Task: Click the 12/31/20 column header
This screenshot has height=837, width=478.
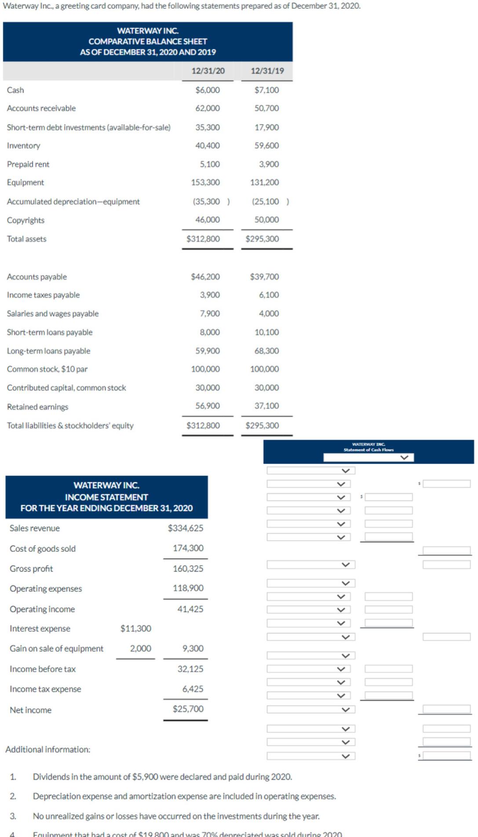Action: pos(208,71)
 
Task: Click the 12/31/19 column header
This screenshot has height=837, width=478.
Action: pos(267,71)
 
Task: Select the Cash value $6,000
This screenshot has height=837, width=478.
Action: pos(208,90)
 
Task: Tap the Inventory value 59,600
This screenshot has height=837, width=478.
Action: pos(266,145)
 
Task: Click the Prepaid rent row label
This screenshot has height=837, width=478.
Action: pos(28,164)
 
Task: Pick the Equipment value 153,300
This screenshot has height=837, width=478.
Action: pos(205,182)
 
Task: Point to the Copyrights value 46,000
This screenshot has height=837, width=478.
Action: pos(208,220)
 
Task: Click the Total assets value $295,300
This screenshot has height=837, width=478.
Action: pos(262,239)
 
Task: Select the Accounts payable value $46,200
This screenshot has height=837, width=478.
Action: pos(205,277)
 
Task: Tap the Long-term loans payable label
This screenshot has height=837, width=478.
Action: pos(48,351)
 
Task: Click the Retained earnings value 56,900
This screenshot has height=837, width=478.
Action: pos(208,406)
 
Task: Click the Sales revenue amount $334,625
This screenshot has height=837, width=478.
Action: pos(186,528)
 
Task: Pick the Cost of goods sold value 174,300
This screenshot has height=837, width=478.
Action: pos(188,548)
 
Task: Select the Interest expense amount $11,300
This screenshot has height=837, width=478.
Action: pos(136,629)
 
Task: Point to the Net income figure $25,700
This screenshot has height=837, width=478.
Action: pos(188,709)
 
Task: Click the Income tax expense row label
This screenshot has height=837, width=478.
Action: pos(45,689)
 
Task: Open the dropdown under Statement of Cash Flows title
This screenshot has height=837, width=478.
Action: pos(369,458)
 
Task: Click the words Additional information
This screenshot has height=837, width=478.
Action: pos(47,750)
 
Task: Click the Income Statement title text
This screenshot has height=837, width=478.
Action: pos(106,497)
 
